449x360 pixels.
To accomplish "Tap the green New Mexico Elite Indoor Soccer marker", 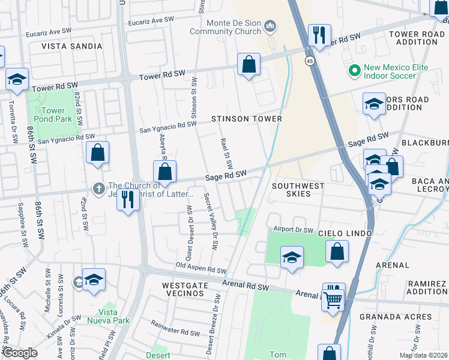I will point(354,71).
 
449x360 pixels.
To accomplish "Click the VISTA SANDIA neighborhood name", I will point(67,46).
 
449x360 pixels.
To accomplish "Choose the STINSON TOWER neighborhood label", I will point(246,119).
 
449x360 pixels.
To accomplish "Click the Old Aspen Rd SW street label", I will point(201,268).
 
